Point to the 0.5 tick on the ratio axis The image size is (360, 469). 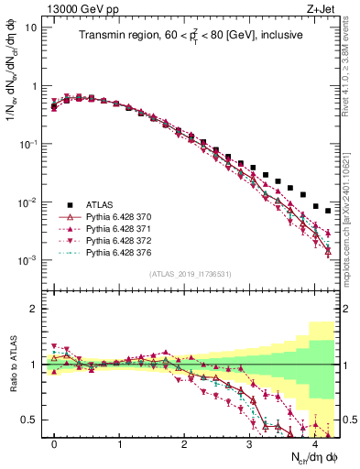pos(30,420)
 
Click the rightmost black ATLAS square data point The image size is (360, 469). pos(328,211)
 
